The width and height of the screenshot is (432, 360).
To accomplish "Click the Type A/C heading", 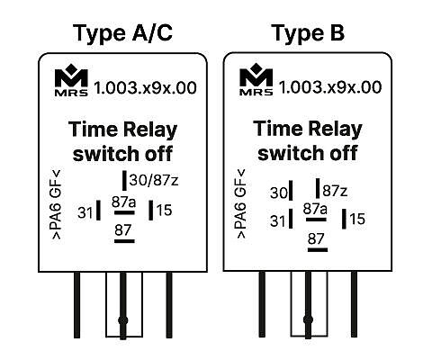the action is pos(122,33).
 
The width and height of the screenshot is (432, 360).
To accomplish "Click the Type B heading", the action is pos(308,33).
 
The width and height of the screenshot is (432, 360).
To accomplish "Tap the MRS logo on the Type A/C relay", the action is pos(71,80).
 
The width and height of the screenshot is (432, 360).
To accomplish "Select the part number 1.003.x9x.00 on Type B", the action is pos(330,87).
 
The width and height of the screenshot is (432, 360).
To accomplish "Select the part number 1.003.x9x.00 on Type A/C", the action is pos(145,87).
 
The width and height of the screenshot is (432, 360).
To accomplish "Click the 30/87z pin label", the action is pos(154,180).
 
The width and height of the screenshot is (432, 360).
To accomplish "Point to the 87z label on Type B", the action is pos(335,191).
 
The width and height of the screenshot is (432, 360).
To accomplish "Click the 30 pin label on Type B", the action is pos(279,193).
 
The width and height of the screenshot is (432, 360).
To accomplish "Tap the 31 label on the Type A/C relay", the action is pos(85,212).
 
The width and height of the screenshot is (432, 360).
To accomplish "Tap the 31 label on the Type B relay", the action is pos(277,221).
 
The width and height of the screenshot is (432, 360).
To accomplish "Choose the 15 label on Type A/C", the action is pos(164,210).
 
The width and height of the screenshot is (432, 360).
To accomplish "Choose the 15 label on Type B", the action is pos(357,219).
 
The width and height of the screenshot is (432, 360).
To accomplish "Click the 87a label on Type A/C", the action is pos(123,202).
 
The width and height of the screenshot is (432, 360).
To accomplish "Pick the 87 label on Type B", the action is pos(316,238).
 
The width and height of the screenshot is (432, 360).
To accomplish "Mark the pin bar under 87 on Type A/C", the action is pos(124,241).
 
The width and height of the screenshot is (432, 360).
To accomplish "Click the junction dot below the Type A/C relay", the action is pos(123,320).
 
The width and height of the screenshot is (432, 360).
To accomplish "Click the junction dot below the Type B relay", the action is pos(308,319).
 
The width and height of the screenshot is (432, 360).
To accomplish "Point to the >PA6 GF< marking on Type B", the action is pos(241,204).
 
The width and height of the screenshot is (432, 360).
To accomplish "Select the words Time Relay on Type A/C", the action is pos(122,130).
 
